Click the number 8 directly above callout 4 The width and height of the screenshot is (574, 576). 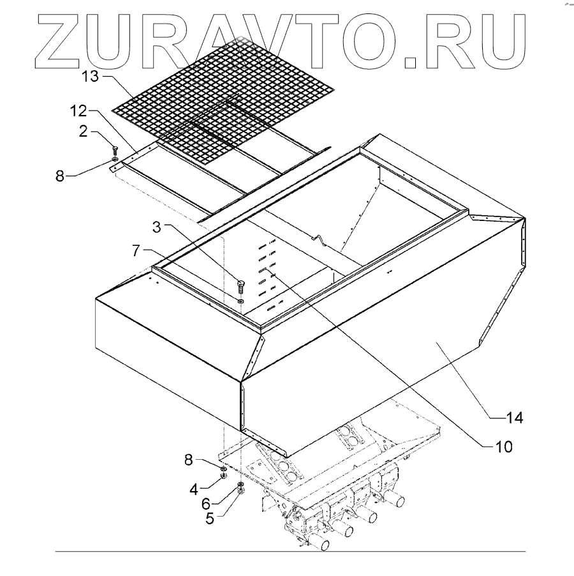tap(189, 460)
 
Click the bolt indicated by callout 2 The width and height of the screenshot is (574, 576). tap(115, 149)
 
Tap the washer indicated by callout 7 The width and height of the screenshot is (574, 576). tap(240, 300)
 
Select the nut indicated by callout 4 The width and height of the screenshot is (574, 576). tap(224, 476)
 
